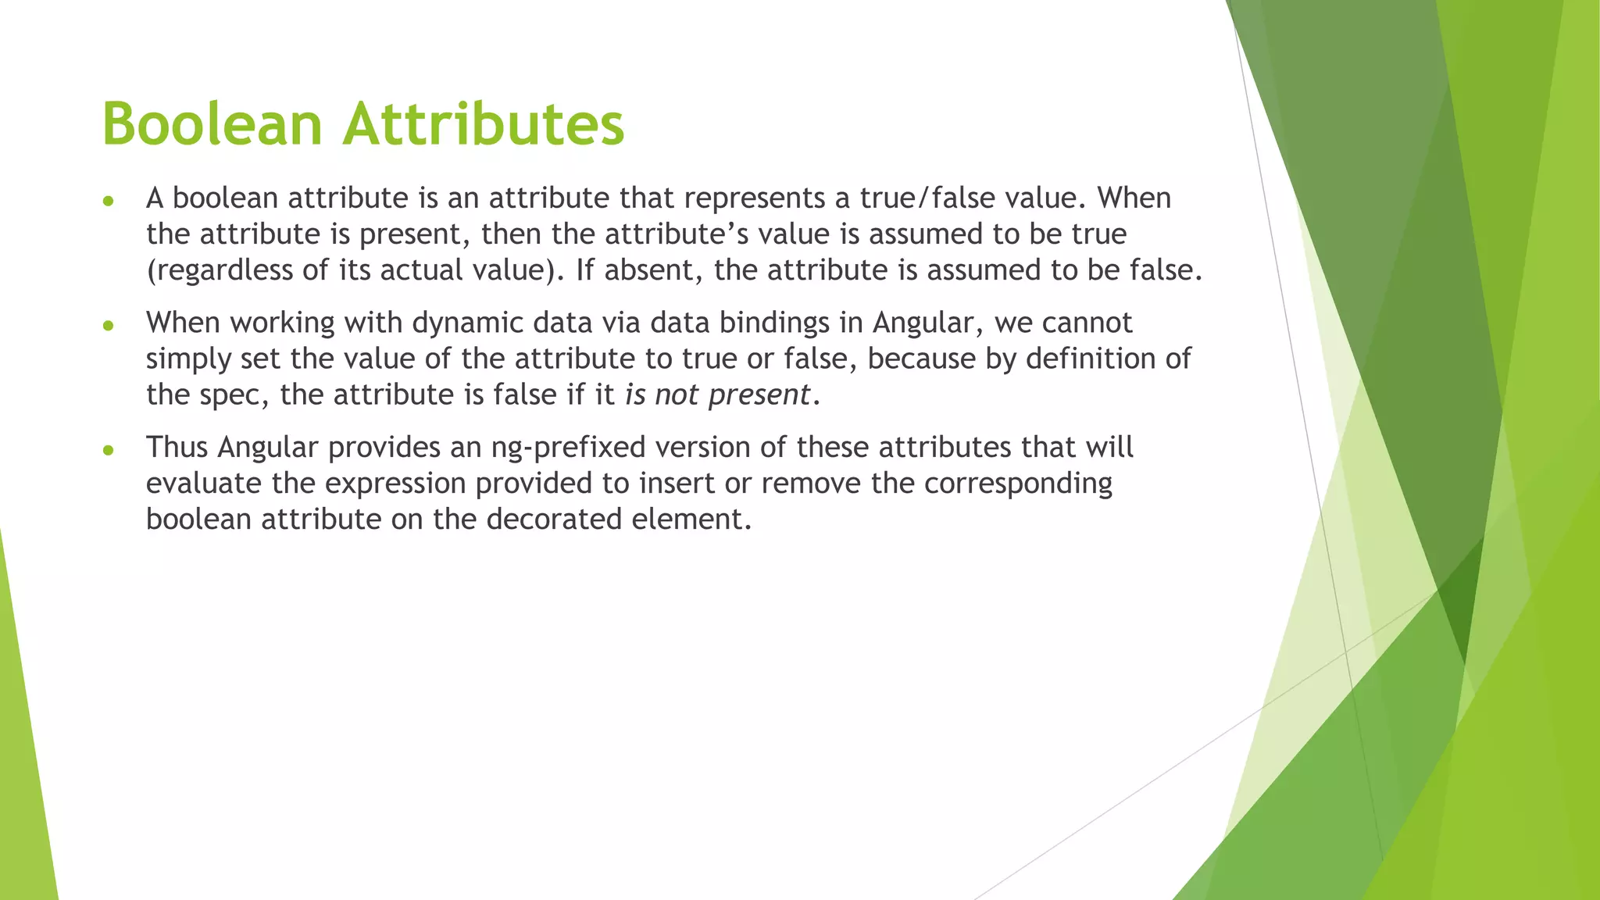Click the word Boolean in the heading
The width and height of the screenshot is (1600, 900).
[x=212, y=124]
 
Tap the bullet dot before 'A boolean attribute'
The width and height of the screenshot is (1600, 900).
[x=109, y=202]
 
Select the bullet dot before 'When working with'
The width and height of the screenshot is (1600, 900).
[x=109, y=325]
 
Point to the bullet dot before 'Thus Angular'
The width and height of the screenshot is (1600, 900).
[x=109, y=450]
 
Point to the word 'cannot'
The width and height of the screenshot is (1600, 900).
[x=1087, y=323]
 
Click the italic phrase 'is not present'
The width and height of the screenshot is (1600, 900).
[x=716, y=395]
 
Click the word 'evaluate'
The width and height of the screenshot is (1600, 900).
[x=204, y=484]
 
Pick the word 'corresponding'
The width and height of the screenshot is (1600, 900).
[x=1018, y=484]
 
